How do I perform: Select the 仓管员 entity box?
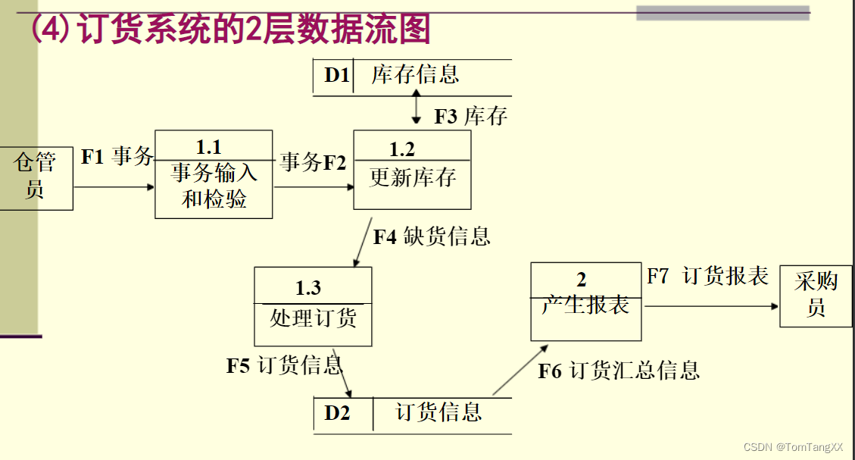pyautogui.click(x=36, y=177)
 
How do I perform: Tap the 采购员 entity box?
pyautogui.click(x=816, y=295)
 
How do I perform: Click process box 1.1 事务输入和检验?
pyautogui.click(x=214, y=175)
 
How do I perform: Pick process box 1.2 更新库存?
pyautogui.click(x=412, y=171)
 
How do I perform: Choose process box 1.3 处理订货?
pyautogui.click(x=313, y=306)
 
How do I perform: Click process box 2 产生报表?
pyautogui.click(x=585, y=302)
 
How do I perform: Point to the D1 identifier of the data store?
pyautogui.click(x=336, y=75)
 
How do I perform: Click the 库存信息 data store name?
pyautogui.click(x=415, y=75)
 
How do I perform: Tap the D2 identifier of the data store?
pyautogui.click(x=337, y=413)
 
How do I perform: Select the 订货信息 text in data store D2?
pyautogui.click(x=438, y=412)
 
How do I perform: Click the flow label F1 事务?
pyautogui.click(x=117, y=157)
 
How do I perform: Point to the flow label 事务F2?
pyautogui.click(x=313, y=161)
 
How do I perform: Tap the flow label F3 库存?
pyautogui.click(x=470, y=116)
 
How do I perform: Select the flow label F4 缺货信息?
pyautogui.click(x=432, y=236)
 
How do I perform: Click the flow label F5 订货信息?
pyautogui.click(x=285, y=365)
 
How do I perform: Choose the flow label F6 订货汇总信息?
pyautogui.click(x=619, y=370)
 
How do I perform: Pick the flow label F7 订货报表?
pyautogui.click(x=707, y=277)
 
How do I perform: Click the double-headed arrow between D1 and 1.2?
pyautogui.click(x=416, y=106)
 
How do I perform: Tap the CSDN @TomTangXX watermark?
pyautogui.click(x=793, y=448)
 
